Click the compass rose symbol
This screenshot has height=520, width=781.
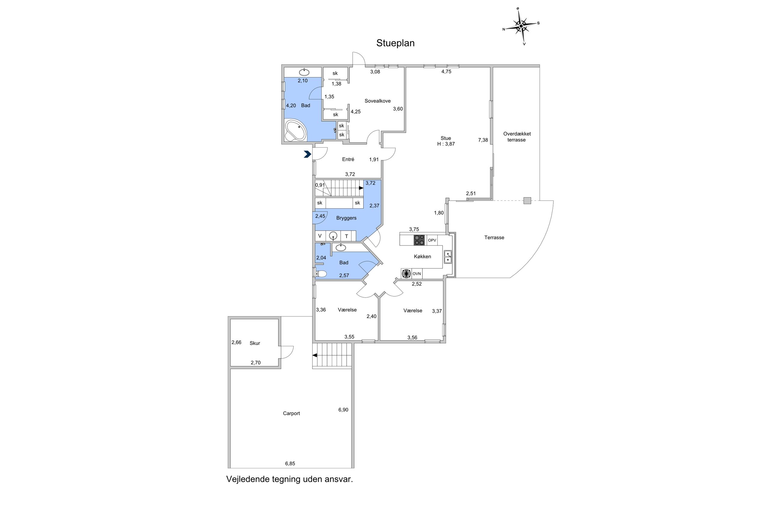click(521, 26)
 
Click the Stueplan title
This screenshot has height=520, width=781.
click(395, 43)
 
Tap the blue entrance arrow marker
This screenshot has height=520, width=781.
click(307, 154)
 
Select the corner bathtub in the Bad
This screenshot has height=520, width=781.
click(63, 130)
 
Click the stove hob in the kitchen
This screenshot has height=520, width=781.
click(419, 240)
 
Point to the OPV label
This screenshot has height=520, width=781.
click(432, 240)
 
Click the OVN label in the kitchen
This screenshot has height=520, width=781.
click(417, 274)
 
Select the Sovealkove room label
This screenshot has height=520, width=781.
click(377, 101)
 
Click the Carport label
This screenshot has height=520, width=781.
click(291, 413)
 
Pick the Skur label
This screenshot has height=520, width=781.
click(255, 343)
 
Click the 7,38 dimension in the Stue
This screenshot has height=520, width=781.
click(483, 140)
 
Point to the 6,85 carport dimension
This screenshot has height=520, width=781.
click(290, 464)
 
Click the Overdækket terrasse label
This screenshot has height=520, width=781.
click(516, 137)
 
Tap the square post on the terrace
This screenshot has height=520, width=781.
click(527, 201)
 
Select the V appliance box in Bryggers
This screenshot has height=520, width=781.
click(320, 236)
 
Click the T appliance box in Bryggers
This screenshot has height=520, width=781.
click(346, 236)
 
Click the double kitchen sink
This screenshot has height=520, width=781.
click(448, 257)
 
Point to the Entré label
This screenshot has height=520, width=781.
click(348, 159)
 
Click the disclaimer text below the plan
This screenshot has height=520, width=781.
click(290, 479)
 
